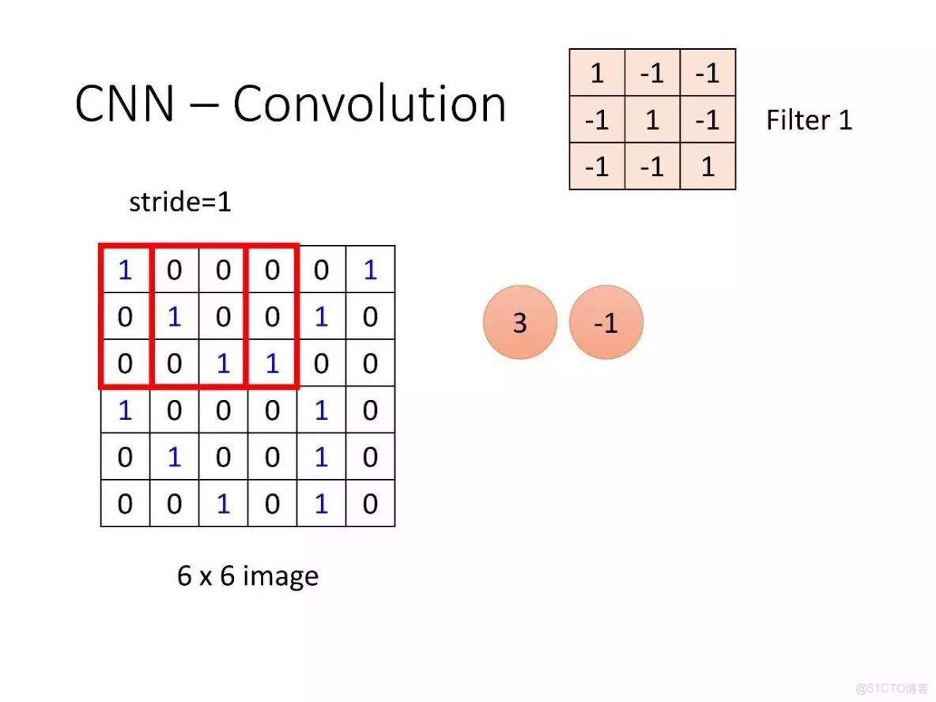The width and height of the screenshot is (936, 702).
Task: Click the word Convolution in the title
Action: coord(369,104)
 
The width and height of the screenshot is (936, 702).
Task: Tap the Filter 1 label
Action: coord(809,120)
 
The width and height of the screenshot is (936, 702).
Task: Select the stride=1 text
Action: coord(180,202)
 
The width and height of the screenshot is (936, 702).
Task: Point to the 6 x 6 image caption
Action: coord(247,576)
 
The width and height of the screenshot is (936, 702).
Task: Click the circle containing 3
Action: coord(520,323)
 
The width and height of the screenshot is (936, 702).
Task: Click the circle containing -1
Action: coord(606,323)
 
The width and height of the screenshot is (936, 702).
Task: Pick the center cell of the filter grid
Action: coord(652,120)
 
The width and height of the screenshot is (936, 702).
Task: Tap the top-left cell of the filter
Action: coord(597,74)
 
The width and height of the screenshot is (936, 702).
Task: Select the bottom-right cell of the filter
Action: coord(708,167)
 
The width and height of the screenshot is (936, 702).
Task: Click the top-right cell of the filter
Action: coord(708,74)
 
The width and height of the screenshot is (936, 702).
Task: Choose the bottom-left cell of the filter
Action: coord(597,167)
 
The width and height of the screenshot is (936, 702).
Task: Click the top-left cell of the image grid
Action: coord(125,270)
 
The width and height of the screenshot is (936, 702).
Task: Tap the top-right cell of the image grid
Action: coord(370,270)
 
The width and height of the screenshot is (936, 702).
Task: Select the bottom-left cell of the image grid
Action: coord(125,504)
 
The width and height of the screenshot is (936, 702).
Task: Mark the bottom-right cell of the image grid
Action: coord(370,504)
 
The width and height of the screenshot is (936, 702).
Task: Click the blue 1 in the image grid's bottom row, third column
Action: coord(223,504)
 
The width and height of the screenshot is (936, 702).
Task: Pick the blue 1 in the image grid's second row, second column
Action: coord(174,317)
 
